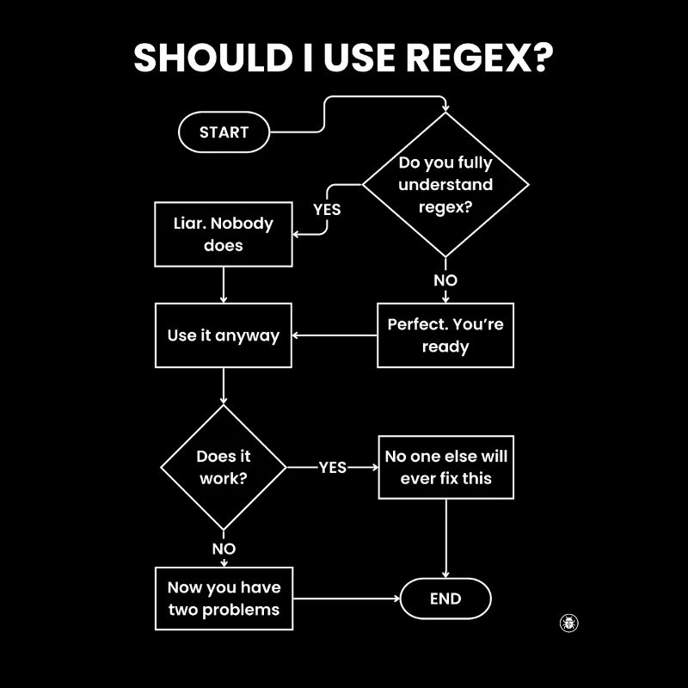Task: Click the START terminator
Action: (x=224, y=132)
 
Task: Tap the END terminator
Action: (x=445, y=599)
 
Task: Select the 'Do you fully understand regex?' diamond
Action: (x=445, y=184)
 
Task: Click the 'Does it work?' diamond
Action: (x=224, y=468)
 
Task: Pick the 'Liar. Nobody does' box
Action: (x=224, y=234)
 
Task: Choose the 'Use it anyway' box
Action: (x=224, y=335)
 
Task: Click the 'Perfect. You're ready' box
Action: (x=445, y=335)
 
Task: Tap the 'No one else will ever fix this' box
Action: (x=445, y=467)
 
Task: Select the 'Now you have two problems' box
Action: (x=224, y=599)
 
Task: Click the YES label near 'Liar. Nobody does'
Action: (x=327, y=209)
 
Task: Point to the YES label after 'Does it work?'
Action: (x=333, y=467)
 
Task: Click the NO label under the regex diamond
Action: (x=445, y=280)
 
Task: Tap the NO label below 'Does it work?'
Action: (x=224, y=549)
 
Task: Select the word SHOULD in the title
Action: (x=207, y=58)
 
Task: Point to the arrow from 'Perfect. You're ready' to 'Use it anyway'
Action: (x=335, y=335)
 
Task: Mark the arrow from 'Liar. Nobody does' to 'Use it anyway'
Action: (x=224, y=285)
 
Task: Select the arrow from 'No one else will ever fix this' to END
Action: (x=445, y=537)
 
